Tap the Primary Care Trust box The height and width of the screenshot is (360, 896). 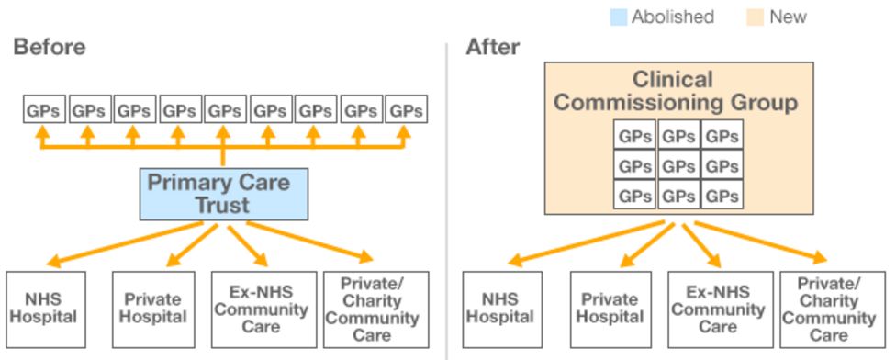[223, 194]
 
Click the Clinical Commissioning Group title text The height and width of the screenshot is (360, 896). [676, 91]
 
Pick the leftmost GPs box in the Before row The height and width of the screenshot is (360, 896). [43, 111]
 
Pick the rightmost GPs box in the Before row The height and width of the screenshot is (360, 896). [405, 111]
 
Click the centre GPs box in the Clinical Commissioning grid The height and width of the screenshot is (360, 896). [678, 166]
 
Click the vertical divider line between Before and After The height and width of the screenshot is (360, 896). [447, 202]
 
